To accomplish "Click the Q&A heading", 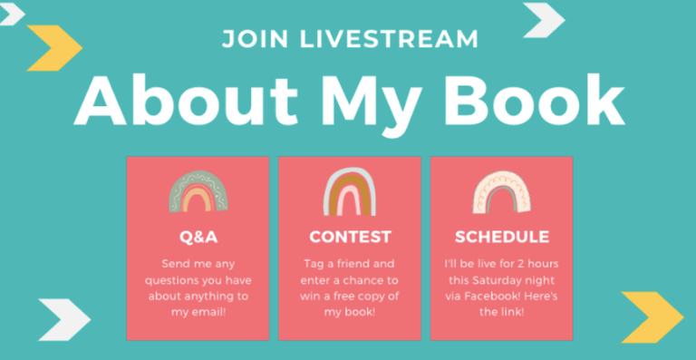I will pyautogui.click(x=198, y=238).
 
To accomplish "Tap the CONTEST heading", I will pyautogui.click(x=350, y=238).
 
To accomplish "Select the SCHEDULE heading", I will pyautogui.click(x=501, y=238).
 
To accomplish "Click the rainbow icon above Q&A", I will pyautogui.click(x=198, y=192).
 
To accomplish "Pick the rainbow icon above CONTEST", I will pyautogui.click(x=350, y=192).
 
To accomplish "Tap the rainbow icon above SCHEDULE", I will pyautogui.click(x=501, y=192).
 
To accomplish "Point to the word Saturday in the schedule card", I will pyautogui.click(x=499, y=279).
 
